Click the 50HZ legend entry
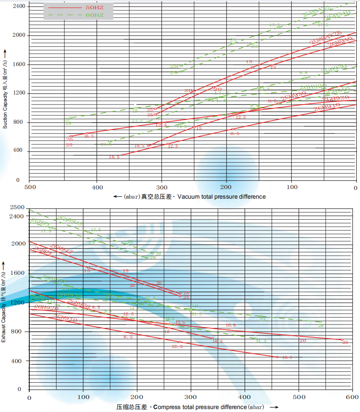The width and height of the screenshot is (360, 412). tap(78, 7)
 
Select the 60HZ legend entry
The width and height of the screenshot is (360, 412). tap(78, 15)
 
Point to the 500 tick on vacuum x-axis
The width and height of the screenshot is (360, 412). tap(29, 188)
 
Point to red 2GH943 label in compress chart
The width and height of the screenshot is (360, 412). tap(61, 249)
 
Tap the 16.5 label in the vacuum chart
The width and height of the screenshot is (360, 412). tap(88, 136)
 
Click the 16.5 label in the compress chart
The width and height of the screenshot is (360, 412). tap(231, 325)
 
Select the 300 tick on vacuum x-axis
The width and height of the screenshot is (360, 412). tap(162, 188)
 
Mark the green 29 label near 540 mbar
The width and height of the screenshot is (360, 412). tap(321, 325)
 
